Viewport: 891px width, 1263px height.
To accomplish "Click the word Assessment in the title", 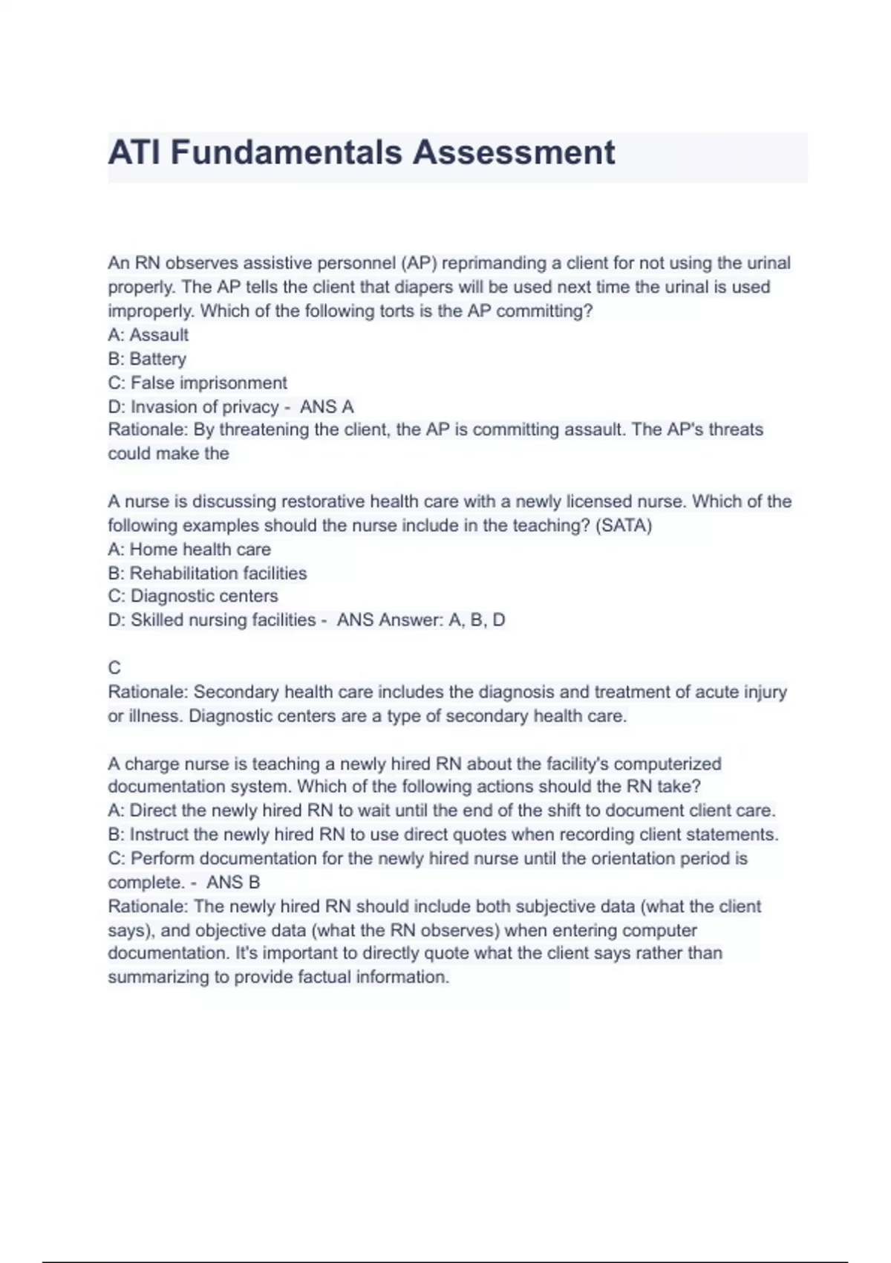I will [514, 153].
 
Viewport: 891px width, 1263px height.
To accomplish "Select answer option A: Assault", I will [148, 335].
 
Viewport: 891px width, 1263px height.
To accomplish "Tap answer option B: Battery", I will [147, 359].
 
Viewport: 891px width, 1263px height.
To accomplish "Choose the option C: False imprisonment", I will [197, 383].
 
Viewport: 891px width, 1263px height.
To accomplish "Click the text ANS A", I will [327, 407].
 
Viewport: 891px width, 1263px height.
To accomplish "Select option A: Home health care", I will [189, 550].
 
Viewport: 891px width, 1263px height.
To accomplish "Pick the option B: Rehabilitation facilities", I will [207, 574].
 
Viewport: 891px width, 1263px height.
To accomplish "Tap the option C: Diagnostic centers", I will [193, 597].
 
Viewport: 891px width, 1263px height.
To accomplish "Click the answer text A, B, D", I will [477, 620].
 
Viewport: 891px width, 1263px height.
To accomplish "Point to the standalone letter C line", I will [114, 668].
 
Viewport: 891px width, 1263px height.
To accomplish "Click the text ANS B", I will [233, 883].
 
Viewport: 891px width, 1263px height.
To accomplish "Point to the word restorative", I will [279, 502].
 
